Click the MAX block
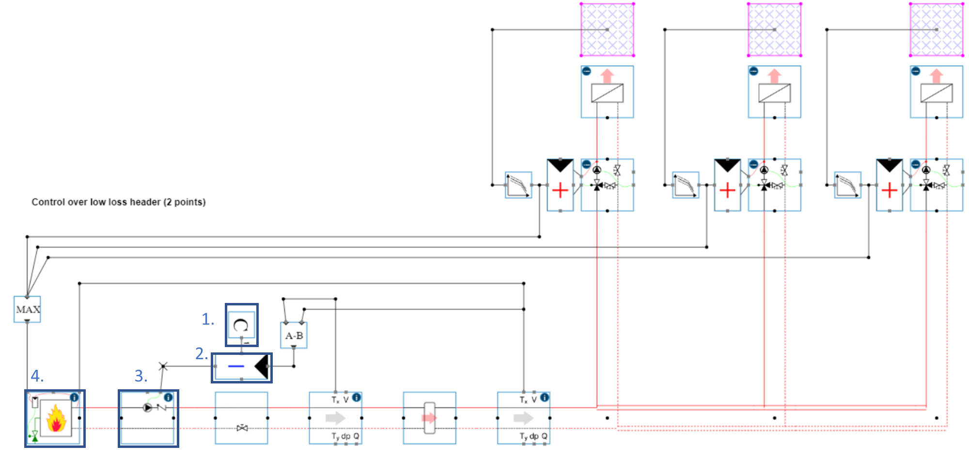click(x=27, y=309)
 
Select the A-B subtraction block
click(x=294, y=335)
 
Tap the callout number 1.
click(x=207, y=319)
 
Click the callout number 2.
click(x=201, y=354)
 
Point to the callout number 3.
click(x=141, y=376)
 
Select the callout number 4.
click(x=37, y=376)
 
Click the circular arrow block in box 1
click(x=241, y=325)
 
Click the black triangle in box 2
click(x=262, y=366)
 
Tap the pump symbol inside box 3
click(x=147, y=408)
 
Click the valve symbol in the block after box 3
click(x=242, y=428)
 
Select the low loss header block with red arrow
click(x=429, y=418)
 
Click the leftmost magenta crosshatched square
click(x=607, y=30)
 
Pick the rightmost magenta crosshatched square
click(x=937, y=30)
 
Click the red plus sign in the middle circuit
click(x=727, y=190)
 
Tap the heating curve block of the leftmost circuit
click(x=518, y=185)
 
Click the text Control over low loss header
click(x=119, y=202)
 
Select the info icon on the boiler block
click(x=74, y=397)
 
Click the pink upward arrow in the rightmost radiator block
click(x=936, y=76)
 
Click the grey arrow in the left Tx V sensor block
click(x=335, y=418)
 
